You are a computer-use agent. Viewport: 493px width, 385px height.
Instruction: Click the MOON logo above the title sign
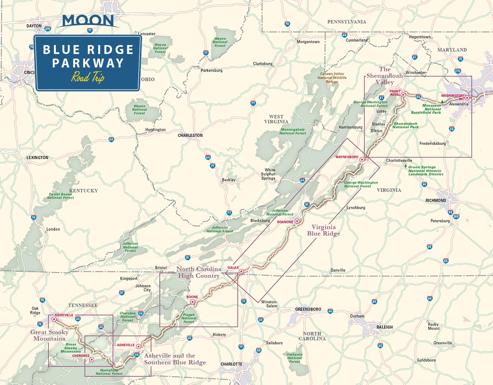point(88,21)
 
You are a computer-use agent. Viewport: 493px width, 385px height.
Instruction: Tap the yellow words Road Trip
point(88,77)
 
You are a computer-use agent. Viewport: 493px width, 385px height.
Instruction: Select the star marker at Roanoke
point(297,221)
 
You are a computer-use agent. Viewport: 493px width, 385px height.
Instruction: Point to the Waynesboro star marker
point(362,159)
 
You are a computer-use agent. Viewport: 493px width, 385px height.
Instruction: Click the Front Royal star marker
point(403,94)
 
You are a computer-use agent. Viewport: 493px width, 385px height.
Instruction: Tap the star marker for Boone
point(193,302)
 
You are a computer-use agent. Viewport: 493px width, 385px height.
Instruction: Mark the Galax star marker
point(241,272)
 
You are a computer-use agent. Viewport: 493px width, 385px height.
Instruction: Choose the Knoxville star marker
point(54,319)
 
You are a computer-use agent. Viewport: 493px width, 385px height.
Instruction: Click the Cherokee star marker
point(91,360)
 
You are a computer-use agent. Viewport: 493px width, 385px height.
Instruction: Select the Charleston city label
point(190,136)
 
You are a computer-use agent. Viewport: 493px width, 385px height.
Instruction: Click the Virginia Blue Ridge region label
point(324,230)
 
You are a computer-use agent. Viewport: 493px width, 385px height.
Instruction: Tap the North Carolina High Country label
point(199,272)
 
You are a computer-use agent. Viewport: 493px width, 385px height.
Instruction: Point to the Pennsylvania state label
point(347,22)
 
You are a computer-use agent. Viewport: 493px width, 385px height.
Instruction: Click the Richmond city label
point(436,200)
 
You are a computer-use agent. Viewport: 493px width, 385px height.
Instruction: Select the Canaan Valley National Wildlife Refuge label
point(332,77)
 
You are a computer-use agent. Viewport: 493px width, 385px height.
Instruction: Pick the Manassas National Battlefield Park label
point(426,109)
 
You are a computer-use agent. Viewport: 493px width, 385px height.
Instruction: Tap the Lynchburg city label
point(355,208)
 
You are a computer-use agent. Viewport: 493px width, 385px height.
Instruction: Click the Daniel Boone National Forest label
point(60,196)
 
